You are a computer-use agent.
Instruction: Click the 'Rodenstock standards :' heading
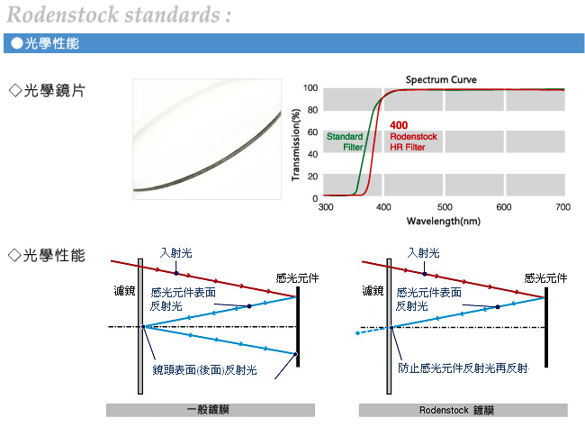point(119,15)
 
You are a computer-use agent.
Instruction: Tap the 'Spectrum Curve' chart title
point(441,79)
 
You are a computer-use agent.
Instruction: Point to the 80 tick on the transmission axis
point(312,110)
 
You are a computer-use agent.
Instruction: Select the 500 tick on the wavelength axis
point(445,207)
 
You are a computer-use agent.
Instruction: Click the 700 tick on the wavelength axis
point(563,207)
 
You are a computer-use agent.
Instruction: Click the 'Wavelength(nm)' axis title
point(444,221)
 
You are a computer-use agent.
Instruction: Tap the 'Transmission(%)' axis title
point(296,145)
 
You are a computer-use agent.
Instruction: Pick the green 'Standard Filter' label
point(345,141)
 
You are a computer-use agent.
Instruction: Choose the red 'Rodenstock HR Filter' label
point(413,141)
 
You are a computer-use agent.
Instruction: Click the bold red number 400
point(399,125)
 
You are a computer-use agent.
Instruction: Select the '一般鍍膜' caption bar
point(211,410)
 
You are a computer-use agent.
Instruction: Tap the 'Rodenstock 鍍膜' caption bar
point(463,410)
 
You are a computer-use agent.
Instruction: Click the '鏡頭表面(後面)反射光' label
point(204,370)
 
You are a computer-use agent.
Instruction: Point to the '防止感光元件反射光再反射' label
point(463,368)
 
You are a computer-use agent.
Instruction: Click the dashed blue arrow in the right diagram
point(373,331)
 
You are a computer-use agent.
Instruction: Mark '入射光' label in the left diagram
point(175,253)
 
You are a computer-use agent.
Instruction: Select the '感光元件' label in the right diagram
point(545,278)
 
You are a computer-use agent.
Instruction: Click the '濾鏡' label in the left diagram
point(124,290)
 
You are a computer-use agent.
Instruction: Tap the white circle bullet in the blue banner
point(17,43)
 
